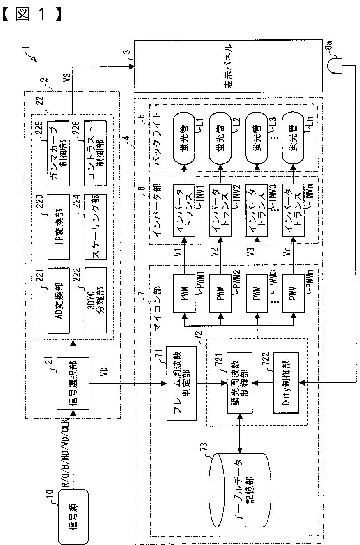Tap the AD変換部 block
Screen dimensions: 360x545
tap(59, 301)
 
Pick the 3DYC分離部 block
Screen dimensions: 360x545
tap(96, 301)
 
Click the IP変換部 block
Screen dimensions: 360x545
tap(59, 227)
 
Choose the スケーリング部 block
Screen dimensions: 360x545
tap(96, 227)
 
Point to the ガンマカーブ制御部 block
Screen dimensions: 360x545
tap(58, 154)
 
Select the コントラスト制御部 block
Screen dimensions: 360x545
tap(96, 154)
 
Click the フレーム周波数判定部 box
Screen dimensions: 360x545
tap(182, 383)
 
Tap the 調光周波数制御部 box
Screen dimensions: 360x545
tap(240, 383)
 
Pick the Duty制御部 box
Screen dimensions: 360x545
tap(286, 383)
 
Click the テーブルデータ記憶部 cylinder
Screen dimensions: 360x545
tap(240, 490)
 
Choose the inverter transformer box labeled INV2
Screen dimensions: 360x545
tap(220, 210)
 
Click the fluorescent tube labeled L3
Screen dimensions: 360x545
tap(257, 138)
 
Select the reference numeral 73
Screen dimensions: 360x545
tap(204, 446)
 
